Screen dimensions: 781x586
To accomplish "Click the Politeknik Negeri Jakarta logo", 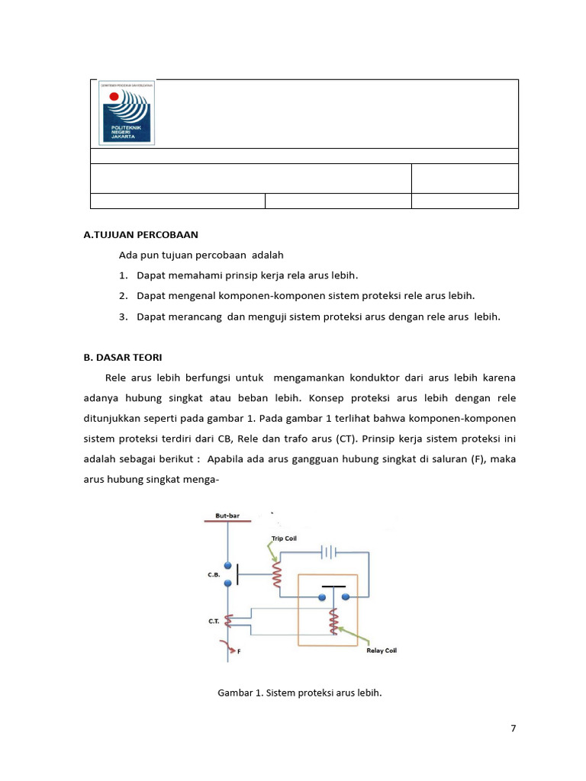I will (x=127, y=113).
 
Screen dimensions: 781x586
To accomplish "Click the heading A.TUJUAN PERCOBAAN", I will (x=140, y=235).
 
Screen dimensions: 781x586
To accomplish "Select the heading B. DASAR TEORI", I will (x=122, y=357).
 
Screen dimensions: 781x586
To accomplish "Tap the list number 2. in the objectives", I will (x=123, y=295).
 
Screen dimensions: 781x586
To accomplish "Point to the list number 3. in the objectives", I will (x=123, y=316).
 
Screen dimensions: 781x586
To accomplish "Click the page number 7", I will (x=514, y=728).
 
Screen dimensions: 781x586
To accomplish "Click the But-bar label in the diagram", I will (x=227, y=516).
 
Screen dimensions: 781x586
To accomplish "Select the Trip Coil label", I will (x=284, y=538).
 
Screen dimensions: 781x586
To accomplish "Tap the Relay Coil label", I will (x=380, y=651).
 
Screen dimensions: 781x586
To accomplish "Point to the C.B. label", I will (x=214, y=576).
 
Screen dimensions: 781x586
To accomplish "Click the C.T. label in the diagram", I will (x=214, y=622).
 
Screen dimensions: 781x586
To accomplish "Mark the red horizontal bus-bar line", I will (x=228, y=522).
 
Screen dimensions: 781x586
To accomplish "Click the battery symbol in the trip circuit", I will (x=329, y=551).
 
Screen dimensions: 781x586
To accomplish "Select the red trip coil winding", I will (x=278, y=576).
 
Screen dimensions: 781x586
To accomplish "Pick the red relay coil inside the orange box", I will (x=333, y=622).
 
